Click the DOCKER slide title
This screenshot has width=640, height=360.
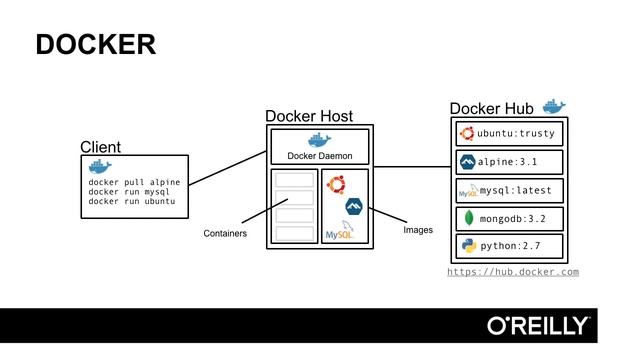tap(96, 45)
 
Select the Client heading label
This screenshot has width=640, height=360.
tap(100, 147)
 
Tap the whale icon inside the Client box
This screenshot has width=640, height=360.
tap(100, 167)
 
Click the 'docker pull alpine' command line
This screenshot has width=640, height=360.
tap(133, 182)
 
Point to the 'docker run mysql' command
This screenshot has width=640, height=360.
tap(129, 192)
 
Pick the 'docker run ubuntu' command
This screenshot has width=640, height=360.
tap(132, 202)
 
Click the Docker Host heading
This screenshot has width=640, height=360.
tap(308, 116)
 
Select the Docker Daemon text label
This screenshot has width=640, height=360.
tap(319, 156)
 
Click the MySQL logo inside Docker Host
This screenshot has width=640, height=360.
tap(339, 231)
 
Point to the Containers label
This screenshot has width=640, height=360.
tap(225, 233)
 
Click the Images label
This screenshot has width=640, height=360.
tap(417, 230)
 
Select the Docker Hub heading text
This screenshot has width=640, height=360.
tap(492, 108)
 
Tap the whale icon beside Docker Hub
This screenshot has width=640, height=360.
tap(553, 105)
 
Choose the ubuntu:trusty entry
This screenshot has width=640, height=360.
tap(508, 134)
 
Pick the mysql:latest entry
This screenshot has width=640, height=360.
tap(508, 190)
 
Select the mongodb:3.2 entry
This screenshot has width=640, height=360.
tap(508, 218)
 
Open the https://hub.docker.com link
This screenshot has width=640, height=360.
tap(512, 272)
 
